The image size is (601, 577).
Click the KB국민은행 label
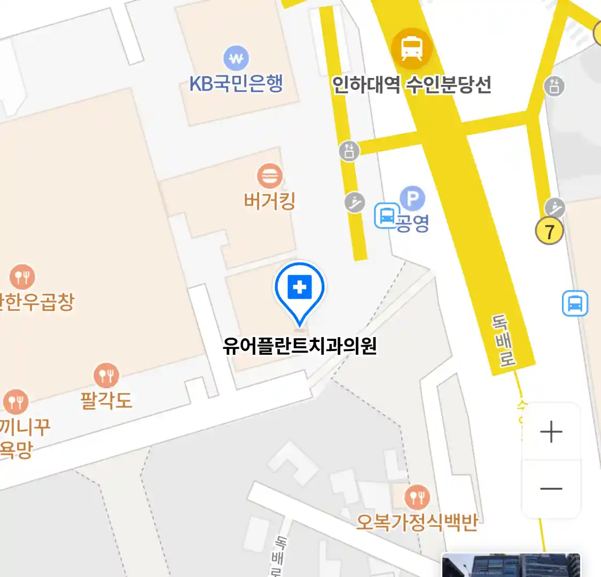pos(236,84)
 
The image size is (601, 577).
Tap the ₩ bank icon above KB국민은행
pos(236,58)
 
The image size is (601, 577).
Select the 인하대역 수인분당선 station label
pos(411,84)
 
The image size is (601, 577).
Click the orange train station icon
pos(411,49)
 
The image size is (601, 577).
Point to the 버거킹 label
pos(269,201)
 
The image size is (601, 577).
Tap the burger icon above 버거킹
pos(270,176)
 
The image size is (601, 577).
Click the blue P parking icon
pos(412,199)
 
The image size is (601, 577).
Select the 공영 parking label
pos(413,223)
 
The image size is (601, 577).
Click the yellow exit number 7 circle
pos(549,231)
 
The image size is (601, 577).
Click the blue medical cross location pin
pos(300,288)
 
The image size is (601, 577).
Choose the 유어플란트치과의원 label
pos(300,346)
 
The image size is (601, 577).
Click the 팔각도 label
pos(106,400)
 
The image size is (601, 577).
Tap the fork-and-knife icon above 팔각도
pos(106,376)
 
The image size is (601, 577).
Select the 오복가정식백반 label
pos(417,521)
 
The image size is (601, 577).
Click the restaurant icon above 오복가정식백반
pos(417,497)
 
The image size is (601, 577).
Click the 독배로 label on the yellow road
pos(503,341)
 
